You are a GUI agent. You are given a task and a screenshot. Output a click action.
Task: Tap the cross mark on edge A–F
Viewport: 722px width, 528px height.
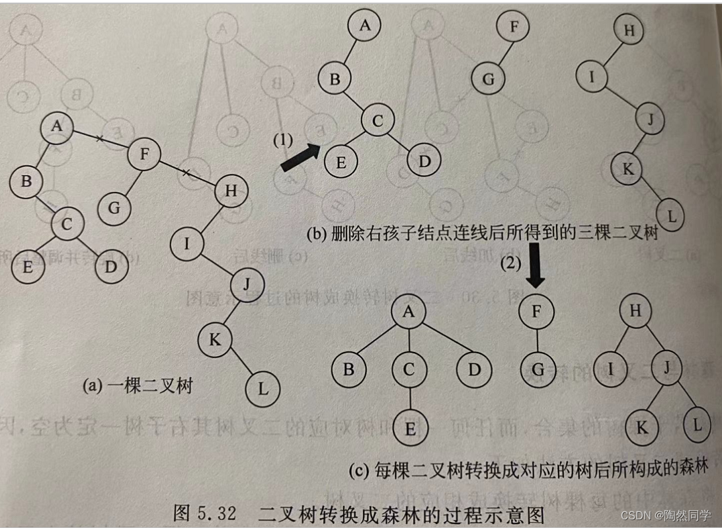coord(99,138)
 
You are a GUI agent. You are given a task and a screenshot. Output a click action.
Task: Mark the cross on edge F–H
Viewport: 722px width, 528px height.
coord(186,173)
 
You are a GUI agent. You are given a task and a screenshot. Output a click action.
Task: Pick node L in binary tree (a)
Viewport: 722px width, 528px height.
coord(263,388)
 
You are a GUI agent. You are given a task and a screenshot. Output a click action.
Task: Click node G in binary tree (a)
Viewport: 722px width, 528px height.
coord(114,208)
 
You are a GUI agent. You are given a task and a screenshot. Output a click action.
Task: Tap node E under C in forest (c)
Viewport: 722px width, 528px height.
coord(410,428)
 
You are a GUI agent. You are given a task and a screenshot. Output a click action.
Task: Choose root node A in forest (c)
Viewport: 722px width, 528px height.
coord(410,313)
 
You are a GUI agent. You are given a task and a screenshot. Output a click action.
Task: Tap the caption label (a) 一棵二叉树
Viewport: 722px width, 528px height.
coord(138,386)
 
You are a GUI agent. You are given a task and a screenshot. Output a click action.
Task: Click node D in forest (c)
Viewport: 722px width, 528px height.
coord(475,369)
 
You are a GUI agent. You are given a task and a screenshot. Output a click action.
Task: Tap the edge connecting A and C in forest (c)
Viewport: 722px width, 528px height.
coord(410,341)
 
